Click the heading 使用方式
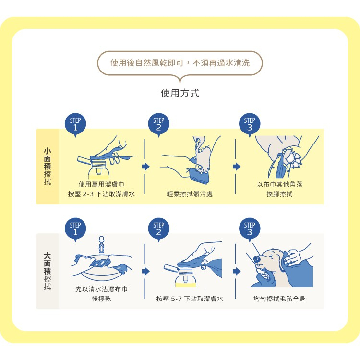pyautogui.click(x=180, y=93)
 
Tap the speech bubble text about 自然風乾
pyautogui.click(x=180, y=63)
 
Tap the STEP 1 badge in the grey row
pyautogui.click(x=75, y=229)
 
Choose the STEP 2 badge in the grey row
pyautogui.click(x=159, y=229)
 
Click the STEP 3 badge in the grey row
pyautogui.click(x=250, y=229)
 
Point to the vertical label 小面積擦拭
pyautogui.click(x=48, y=167)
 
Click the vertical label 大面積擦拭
pyautogui.click(x=48, y=271)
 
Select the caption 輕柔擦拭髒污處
pyautogui.click(x=190, y=194)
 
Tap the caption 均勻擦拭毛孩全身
pyautogui.click(x=279, y=299)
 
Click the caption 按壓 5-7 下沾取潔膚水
pyautogui.click(x=190, y=299)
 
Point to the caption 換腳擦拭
pyautogui.click(x=279, y=194)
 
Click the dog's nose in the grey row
pyautogui.click(x=256, y=259)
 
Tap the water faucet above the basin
pyautogui.click(x=101, y=244)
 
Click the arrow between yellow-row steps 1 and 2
pyautogui.click(x=146, y=167)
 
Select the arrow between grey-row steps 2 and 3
pyautogui.click(x=237, y=271)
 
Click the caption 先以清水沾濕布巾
pyautogui.click(x=101, y=289)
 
